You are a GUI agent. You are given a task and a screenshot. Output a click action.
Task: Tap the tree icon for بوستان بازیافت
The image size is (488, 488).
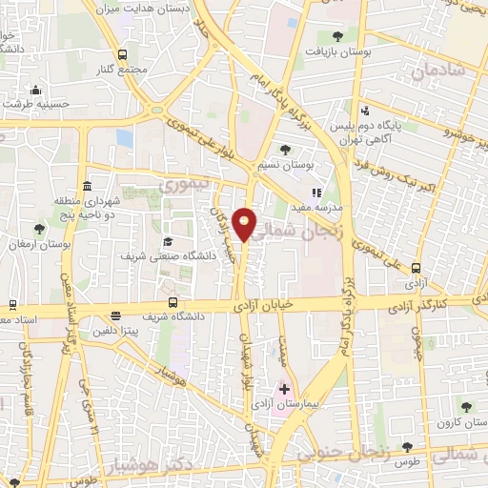[337, 35]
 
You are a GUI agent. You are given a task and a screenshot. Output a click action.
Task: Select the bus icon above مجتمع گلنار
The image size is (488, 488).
[122, 55]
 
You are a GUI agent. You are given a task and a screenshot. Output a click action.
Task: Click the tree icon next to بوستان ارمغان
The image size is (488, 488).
[38, 229]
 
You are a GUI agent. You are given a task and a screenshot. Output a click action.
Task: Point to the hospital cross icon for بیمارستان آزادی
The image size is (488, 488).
[284, 389]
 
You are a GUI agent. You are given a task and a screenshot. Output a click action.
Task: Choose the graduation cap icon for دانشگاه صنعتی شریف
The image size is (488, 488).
[167, 241]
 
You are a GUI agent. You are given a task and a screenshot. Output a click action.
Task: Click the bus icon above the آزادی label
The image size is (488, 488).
[416, 270]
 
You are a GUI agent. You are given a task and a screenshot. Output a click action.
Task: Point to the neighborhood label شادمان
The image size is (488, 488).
[438, 71]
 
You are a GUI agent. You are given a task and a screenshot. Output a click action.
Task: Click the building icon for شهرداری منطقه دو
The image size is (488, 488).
[87, 185]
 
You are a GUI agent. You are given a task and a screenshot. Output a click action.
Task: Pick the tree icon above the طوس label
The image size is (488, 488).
[407, 446]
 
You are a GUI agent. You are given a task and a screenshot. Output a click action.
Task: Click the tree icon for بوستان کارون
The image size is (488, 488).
[465, 407]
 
